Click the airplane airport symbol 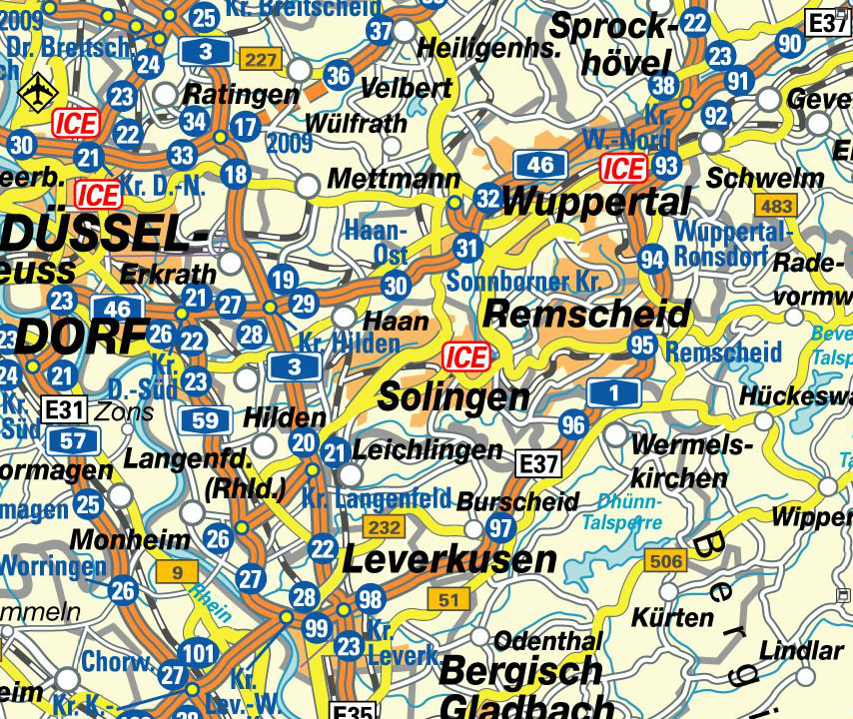click(x=39, y=90)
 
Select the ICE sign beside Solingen click(x=465, y=358)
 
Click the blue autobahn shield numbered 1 click(x=611, y=393)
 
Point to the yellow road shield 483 click(x=776, y=207)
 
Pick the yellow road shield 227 click(x=261, y=62)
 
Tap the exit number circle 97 click(x=500, y=527)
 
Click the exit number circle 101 click(x=200, y=655)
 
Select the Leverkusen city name click(x=449, y=559)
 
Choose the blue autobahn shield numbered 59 click(x=205, y=419)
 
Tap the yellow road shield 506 click(x=665, y=561)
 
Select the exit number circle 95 click(x=643, y=346)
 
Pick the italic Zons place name click(x=125, y=411)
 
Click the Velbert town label click(x=406, y=88)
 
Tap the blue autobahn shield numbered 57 click(x=72, y=439)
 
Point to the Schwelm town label click(x=765, y=179)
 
